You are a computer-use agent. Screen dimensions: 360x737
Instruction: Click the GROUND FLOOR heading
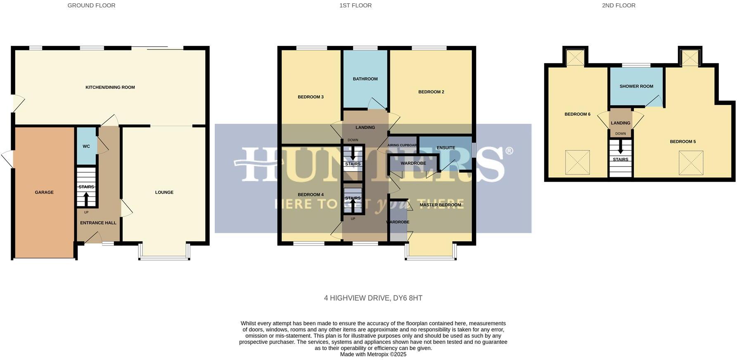coord(91,5)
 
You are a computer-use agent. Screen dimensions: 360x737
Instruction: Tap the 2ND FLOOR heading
coord(619,5)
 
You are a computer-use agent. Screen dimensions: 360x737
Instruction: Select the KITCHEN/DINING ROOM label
coord(110,88)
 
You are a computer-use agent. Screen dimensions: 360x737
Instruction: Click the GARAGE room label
coord(44,192)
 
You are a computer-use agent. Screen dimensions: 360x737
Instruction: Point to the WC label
coord(86,147)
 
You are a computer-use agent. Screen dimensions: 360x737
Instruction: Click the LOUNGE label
coord(164,192)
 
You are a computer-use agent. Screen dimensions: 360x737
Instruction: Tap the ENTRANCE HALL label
coord(98,223)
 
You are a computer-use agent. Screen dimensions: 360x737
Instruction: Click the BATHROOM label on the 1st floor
coord(365,79)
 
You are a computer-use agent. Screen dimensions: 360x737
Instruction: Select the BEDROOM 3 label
coord(310,97)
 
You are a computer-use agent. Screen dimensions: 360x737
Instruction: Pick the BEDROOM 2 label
coord(431,92)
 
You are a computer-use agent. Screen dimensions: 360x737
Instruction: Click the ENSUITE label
coord(446,148)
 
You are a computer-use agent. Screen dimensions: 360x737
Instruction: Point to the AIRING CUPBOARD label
coord(402,145)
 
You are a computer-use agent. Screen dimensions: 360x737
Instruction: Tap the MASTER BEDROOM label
coord(440,205)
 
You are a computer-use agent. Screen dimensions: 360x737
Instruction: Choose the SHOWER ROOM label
coord(636,86)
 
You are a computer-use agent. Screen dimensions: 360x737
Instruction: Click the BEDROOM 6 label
coord(577,114)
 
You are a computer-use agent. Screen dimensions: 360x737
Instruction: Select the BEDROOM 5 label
coord(682,142)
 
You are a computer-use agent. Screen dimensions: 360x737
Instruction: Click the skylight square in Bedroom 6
coord(577,162)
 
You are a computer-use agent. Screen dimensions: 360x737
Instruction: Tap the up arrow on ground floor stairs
coord(86,199)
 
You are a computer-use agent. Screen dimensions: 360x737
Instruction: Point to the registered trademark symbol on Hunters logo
coord(509,151)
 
